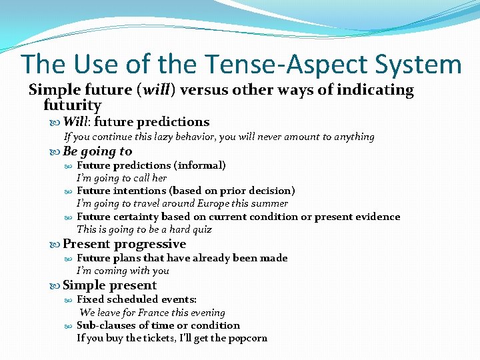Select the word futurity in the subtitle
pos(72,105)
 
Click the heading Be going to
pos(97,151)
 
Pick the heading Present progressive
pos(124,244)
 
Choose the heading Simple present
pos(109,285)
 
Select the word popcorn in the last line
pos(247,338)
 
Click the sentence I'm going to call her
pos(121,178)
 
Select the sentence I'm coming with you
pos(123,271)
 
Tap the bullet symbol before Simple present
pos(55,286)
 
